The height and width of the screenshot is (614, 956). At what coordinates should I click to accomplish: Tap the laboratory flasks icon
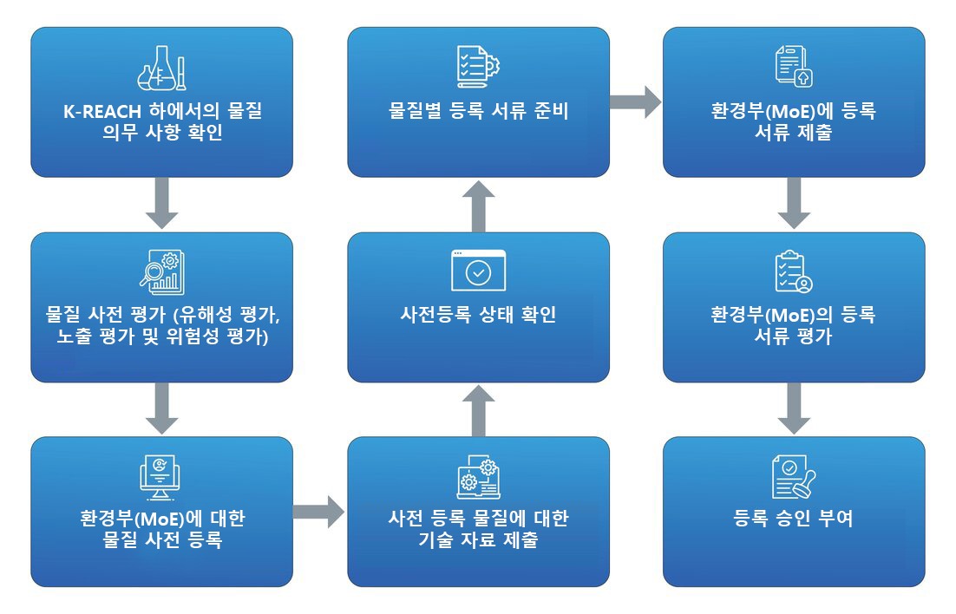tap(161, 68)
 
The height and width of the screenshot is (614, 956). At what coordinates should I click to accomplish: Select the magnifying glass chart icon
tap(161, 271)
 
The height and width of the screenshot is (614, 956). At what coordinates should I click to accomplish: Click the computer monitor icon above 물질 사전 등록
tap(161, 476)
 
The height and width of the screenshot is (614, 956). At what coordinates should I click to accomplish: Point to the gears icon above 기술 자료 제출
tap(478, 476)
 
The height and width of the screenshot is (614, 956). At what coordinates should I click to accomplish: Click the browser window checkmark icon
tap(478, 271)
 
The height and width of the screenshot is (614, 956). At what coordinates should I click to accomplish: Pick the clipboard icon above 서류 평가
tap(794, 271)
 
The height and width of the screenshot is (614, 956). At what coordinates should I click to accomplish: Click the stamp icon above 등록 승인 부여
tap(794, 476)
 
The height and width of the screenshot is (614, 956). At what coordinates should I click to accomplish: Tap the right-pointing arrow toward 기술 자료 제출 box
tap(318, 512)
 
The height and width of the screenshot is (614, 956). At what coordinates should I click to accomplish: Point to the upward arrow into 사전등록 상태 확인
tap(478, 409)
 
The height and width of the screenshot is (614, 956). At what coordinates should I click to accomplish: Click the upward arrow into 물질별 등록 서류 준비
tap(478, 205)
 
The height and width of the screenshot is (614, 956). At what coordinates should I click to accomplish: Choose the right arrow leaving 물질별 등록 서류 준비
tap(635, 102)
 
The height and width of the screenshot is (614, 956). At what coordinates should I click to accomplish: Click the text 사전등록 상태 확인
tap(478, 315)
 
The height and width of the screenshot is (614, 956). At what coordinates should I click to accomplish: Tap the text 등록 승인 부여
tap(794, 519)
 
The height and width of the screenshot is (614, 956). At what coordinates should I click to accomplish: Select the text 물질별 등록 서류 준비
tap(478, 111)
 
